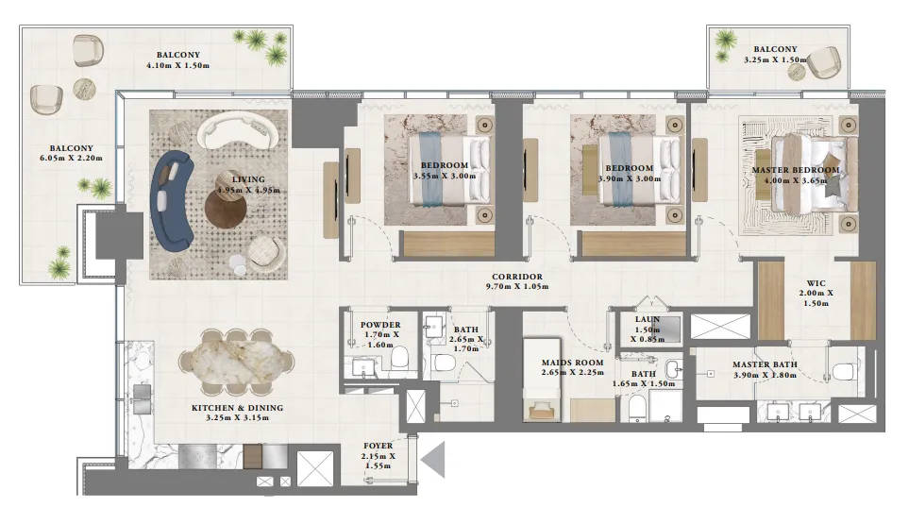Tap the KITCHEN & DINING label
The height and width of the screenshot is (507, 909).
237,408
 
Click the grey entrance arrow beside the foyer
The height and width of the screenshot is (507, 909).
433,461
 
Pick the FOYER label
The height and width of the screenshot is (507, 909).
379,446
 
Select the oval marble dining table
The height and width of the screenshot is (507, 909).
237,363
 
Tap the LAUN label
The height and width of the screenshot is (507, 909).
646,319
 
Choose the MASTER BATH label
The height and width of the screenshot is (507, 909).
765,364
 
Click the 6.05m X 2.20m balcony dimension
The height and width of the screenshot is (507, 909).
76,158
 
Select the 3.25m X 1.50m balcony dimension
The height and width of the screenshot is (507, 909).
776,60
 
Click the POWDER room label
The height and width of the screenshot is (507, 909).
380,325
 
